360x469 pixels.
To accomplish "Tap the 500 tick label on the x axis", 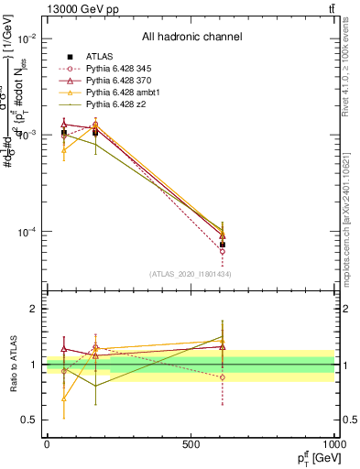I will pos(191,442).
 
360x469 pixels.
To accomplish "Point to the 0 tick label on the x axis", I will pos(47,442).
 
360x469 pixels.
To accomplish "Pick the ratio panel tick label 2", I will pos(33,310).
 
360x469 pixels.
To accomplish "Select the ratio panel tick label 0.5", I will pos(29,420).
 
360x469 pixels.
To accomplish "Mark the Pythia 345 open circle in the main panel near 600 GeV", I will pos(223,251).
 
